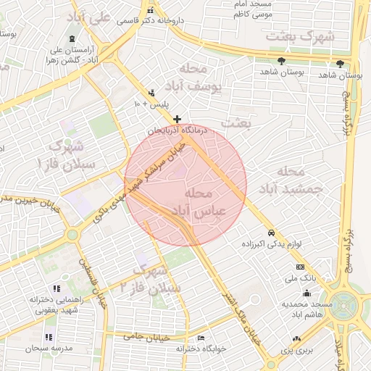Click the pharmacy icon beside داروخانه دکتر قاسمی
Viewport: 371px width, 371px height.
[150, 10]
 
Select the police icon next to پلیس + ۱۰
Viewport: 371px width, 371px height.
[151, 93]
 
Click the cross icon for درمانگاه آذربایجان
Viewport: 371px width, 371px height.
[177, 118]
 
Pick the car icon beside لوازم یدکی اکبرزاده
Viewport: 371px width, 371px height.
[271, 233]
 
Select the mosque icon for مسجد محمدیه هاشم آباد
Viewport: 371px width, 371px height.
[307, 293]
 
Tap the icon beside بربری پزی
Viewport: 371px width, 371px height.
[296, 339]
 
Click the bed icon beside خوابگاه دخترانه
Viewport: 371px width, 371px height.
[201, 338]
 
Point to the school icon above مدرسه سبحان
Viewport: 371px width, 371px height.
[49, 338]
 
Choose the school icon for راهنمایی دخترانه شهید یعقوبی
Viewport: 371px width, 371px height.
[48, 287]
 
